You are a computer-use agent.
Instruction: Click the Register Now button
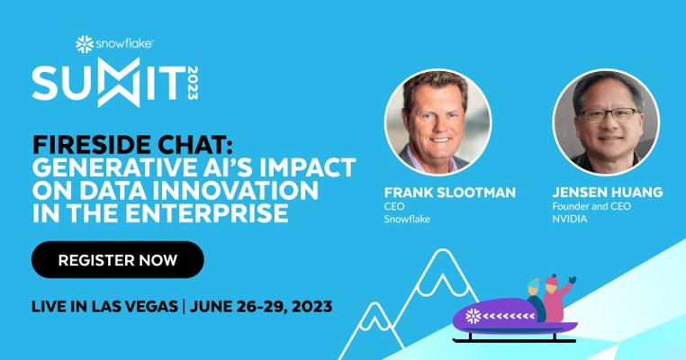click(x=118, y=259)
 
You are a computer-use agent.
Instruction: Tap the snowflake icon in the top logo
click(x=85, y=44)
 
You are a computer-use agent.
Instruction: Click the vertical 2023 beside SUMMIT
click(x=193, y=83)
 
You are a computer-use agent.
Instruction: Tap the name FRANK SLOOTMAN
click(x=450, y=193)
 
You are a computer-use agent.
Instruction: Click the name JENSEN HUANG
click(x=608, y=193)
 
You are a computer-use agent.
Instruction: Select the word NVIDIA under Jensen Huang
click(x=570, y=219)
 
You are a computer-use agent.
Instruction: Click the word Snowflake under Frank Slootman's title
click(x=407, y=219)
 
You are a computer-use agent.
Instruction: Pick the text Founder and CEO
click(x=591, y=206)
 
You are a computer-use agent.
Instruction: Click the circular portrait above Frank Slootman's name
click(x=438, y=122)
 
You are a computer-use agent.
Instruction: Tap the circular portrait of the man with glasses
click(x=606, y=122)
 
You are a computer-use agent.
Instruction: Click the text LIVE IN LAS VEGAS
click(x=104, y=306)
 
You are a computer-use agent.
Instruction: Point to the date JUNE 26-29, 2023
click(x=261, y=306)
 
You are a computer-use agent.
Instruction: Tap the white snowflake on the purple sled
click(x=473, y=316)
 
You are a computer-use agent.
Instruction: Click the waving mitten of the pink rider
click(x=572, y=280)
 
